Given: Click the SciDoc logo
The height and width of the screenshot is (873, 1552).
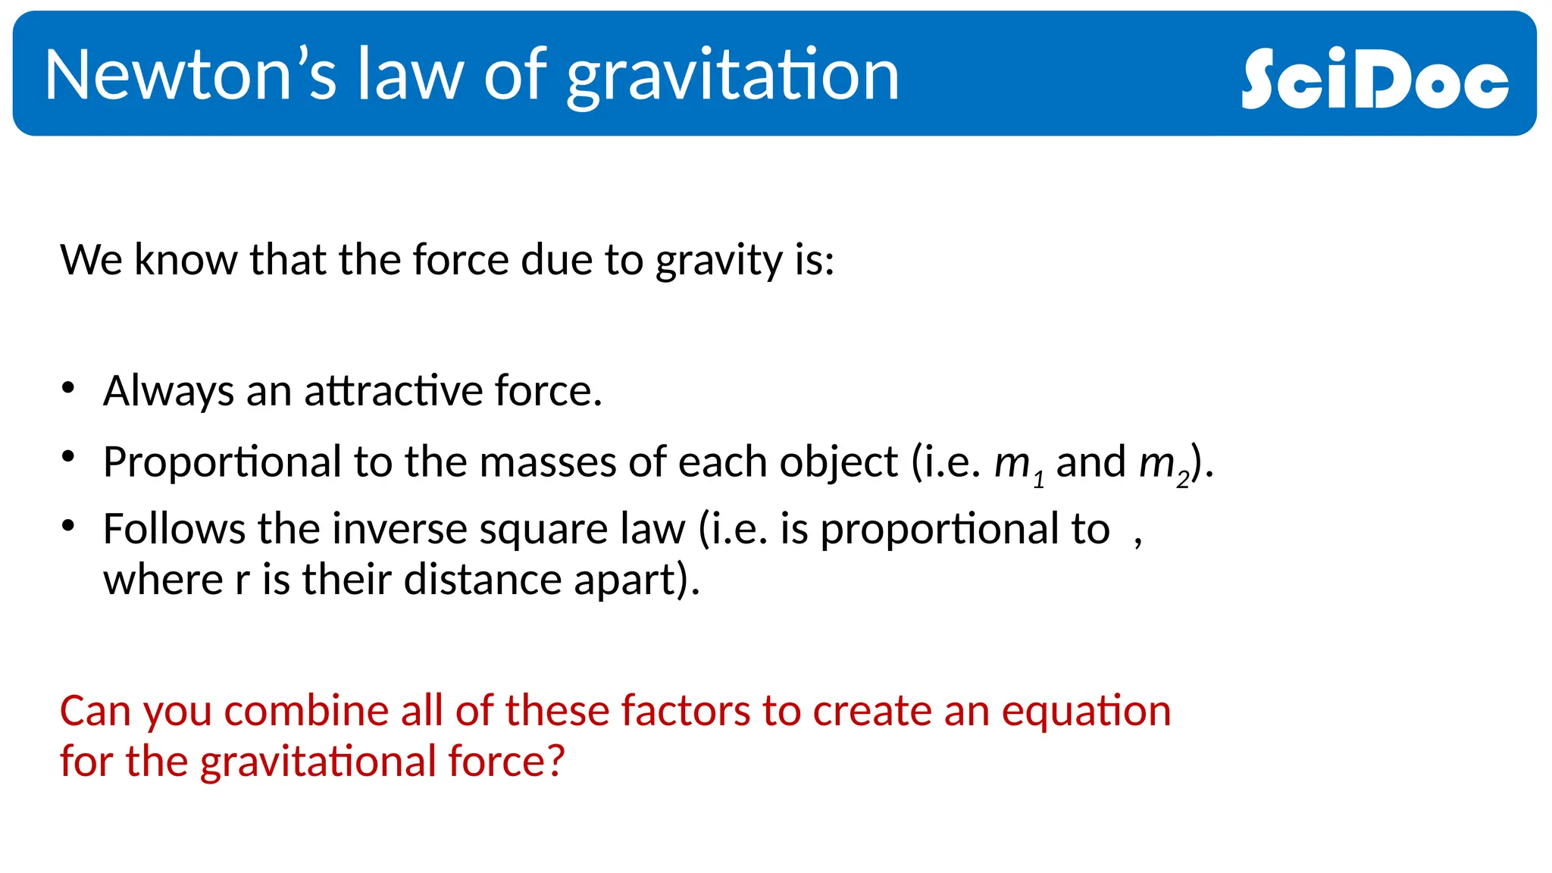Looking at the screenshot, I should pos(1375,78).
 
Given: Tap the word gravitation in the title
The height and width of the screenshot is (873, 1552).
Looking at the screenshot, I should pos(733,76).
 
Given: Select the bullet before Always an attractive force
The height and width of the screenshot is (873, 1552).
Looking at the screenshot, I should pos(68,388).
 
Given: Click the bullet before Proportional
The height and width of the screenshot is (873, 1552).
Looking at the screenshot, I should pos(68,457).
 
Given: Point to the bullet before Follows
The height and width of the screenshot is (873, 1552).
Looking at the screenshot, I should pos(68,524).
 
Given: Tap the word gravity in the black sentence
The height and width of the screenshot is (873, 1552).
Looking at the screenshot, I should pos(718,261).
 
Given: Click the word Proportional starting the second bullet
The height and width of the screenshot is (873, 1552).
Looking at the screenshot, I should pos(222,462).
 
